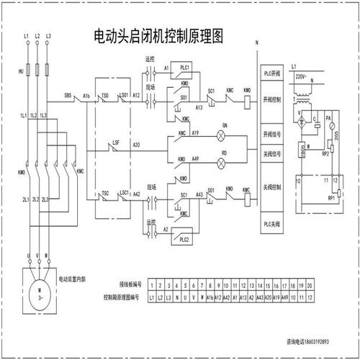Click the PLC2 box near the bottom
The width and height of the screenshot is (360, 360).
pos(184,238)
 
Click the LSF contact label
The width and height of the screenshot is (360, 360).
pos(115,143)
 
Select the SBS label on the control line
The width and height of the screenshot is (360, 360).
pos(68,95)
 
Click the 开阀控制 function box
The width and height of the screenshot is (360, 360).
pos(272,99)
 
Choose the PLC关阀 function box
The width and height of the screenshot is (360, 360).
pos(272,226)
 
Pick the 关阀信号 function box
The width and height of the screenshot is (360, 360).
pos(272,153)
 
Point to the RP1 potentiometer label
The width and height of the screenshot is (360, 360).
pos(331,196)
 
